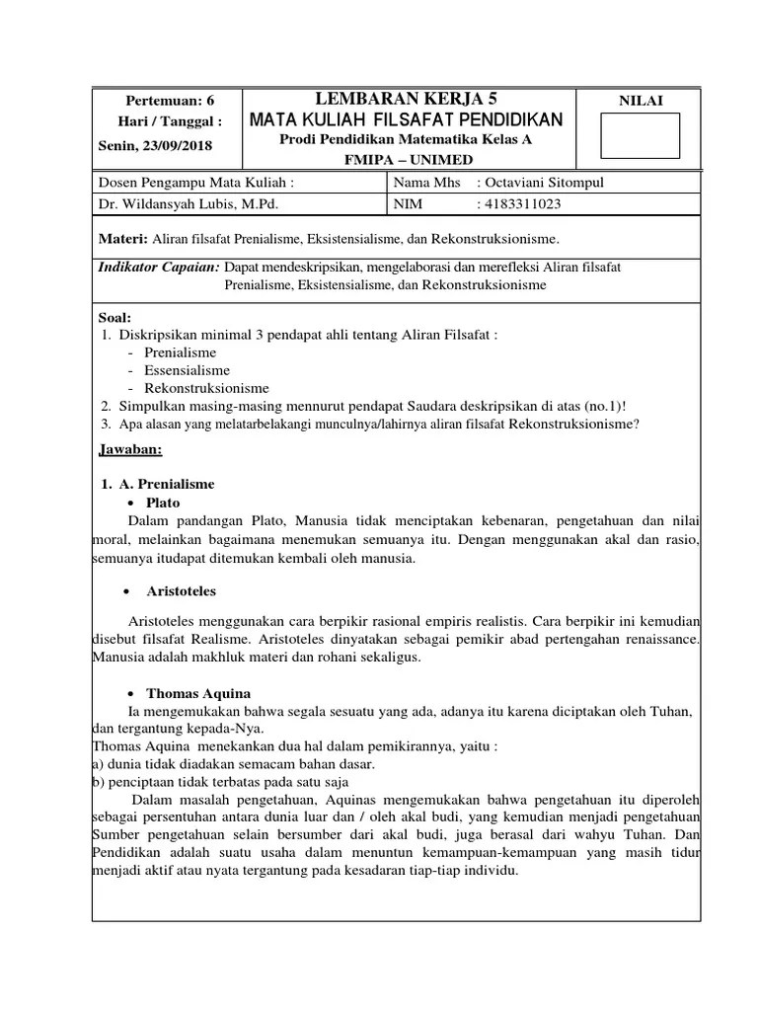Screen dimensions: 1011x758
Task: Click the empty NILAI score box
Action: [641, 135]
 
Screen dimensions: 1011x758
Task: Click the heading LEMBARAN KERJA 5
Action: [406, 99]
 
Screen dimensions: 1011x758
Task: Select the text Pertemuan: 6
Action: [170, 101]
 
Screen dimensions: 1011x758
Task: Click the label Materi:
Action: [122, 239]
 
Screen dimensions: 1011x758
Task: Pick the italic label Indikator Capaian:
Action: [160, 267]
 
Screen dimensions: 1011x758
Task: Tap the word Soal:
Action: [115, 317]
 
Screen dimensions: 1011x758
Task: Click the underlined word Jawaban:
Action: [131, 450]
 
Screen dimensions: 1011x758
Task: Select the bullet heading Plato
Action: [163, 503]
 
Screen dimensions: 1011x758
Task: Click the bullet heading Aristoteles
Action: [182, 591]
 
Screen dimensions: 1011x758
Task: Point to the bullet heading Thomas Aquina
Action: [198, 693]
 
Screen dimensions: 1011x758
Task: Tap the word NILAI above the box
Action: [641, 101]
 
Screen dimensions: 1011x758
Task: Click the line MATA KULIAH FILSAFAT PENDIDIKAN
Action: [406, 119]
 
